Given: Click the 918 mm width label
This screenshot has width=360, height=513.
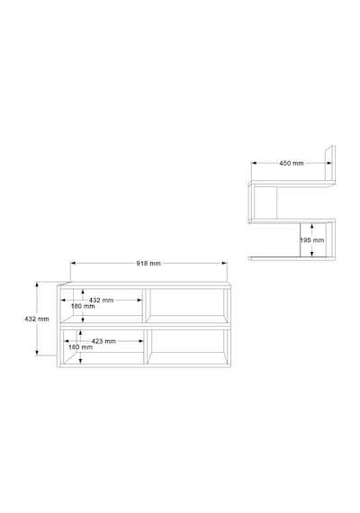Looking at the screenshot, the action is pyautogui.click(x=148, y=264).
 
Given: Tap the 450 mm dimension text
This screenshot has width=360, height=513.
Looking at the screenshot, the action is pyautogui.click(x=292, y=163).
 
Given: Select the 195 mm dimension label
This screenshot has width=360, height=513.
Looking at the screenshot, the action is pyautogui.click(x=312, y=240).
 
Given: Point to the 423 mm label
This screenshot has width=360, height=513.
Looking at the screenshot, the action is pyautogui.click(x=103, y=341).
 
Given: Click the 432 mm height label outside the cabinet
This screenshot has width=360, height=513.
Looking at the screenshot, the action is pyautogui.click(x=37, y=319).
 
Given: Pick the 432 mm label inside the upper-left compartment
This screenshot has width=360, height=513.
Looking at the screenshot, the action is pyautogui.click(x=101, y=300).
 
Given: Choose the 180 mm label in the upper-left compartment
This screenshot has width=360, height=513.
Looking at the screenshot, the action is pyautogui.click(x=83, y=306).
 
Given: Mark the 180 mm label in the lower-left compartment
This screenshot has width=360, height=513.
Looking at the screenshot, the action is pyautogui.click(x=80, y=347).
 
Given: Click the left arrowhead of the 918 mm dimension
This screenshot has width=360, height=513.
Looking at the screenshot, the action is pyautogui.click(x=73, y=263).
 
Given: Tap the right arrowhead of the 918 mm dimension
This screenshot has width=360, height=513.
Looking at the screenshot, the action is pyautogui.click(x=224, y=263).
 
